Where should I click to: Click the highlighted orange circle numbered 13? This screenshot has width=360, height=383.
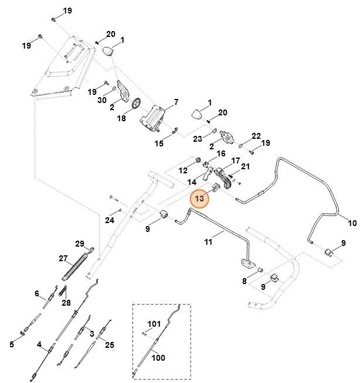pos(200,199)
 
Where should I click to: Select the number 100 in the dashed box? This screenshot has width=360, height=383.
pos(158,357)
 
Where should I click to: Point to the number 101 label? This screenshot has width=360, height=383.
pos(154,323)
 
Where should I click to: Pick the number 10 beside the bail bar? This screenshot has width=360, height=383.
pos(352,223)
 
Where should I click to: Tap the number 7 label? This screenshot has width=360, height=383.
pos(175,103)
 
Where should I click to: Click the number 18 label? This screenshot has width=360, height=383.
pos(122,118)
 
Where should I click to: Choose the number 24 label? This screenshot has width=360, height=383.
pos(110,220)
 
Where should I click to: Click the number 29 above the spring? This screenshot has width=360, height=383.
pos(80,244)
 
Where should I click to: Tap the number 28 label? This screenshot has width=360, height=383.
pos(66,302)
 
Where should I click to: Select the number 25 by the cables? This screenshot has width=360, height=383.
pos(110,345)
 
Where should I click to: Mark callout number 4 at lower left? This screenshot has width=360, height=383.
pos(39,345)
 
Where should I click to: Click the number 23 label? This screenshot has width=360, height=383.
pos(198,139)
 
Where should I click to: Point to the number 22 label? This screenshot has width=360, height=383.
pos(256,136)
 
